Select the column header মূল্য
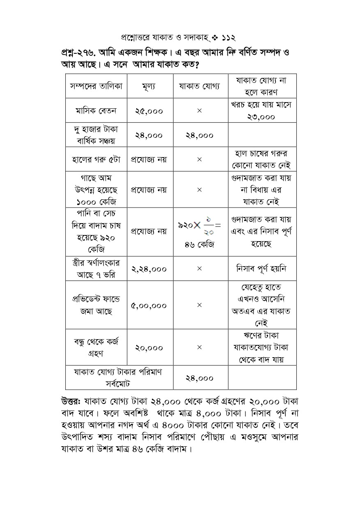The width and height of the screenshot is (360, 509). tap(149, 86)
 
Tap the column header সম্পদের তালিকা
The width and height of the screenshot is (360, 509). tap(96, 86)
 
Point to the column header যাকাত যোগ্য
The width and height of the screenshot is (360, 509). tap(199, 86)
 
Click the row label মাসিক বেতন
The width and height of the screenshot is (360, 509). tap(96, 111)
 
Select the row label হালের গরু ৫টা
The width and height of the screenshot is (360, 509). tap(96, 159)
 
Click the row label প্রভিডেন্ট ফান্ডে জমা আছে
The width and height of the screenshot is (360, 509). tap(96, 306)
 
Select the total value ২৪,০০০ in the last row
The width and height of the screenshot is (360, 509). tap(199, 378)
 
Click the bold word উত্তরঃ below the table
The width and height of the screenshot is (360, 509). tap(72, 401)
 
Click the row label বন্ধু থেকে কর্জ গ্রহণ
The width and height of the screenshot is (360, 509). tap(96, 347)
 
